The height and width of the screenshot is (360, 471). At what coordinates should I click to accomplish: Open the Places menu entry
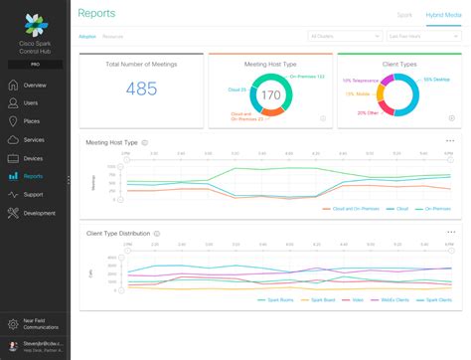pos(31,121)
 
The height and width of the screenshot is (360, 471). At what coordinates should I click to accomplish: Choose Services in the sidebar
pos(33,139)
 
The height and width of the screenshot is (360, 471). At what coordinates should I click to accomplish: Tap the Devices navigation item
pos(32,158)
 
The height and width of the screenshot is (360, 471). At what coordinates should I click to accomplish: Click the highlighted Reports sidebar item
pos(32,176)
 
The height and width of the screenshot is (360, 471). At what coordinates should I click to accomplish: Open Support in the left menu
pos(33,194)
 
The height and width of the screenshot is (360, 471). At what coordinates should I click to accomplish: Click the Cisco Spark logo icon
pos(35,22)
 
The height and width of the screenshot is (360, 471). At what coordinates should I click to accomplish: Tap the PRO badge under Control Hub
pos(35,64)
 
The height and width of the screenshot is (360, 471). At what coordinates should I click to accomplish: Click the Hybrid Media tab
pos(442,16)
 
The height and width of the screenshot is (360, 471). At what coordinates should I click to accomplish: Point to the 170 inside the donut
pos(268,96)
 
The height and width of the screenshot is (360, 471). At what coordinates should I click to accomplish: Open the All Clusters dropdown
pos(342,35)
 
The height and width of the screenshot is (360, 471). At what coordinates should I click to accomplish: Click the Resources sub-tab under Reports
pos(113,35)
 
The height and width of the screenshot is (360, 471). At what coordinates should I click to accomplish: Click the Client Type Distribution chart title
pos(118,233)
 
